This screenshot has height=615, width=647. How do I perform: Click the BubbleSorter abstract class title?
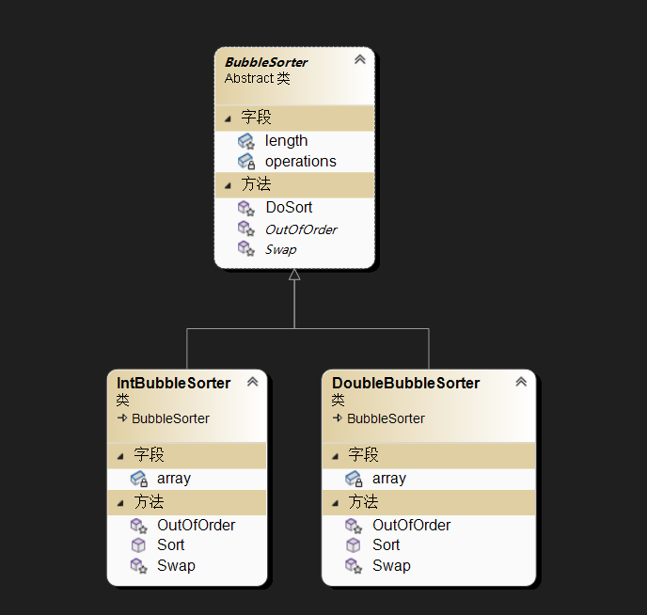[266, 62]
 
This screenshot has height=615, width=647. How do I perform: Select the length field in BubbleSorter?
[286, 140]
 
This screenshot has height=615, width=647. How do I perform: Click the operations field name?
[300, 161]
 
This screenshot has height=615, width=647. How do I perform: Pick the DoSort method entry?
[289, 207]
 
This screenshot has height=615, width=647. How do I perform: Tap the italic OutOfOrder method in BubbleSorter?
[301, 229]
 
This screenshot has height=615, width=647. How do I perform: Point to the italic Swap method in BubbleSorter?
[280, 249]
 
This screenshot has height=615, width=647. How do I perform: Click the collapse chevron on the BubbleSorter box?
[359, 60]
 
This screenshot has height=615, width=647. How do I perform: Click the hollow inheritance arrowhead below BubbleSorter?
[294, 275]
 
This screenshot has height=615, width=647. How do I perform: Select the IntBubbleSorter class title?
[174, 383]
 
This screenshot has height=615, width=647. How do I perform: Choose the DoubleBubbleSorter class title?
[406, 383]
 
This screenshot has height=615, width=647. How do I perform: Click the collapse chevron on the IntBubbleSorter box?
[252, 382]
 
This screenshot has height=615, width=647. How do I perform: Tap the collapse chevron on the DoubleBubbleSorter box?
[521, 382]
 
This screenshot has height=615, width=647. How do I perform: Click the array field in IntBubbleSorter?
[174, 478]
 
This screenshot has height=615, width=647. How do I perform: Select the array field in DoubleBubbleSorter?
[389, 478]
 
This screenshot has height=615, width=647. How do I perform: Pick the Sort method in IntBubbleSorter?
[171, 544]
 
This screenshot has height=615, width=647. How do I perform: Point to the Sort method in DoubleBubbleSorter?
[387, 544]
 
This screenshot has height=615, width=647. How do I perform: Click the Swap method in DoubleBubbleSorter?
[391, 565]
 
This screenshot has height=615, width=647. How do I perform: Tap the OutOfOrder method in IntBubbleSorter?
[196, 525]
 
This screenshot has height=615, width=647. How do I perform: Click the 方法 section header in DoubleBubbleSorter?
[364, 501]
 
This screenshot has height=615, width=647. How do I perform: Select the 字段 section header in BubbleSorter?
[256, 118]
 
